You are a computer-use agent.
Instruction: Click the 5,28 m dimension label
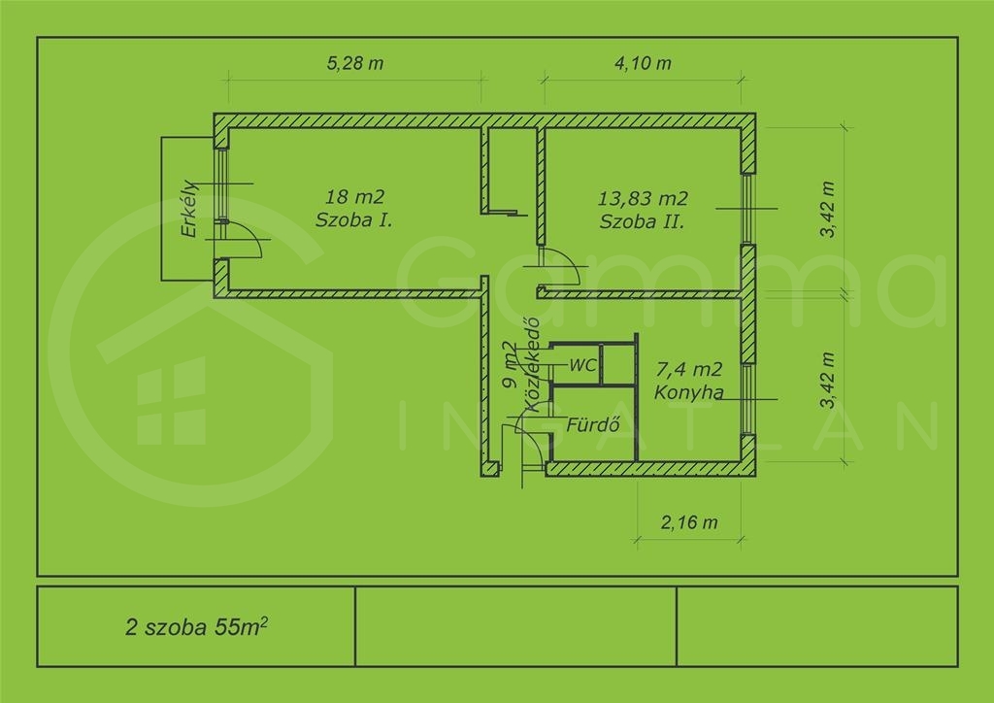point(355,63)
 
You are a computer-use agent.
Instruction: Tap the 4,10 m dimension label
point(643,63)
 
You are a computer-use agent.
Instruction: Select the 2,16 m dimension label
point(689,522)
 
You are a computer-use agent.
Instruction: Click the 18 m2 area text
point(355,196)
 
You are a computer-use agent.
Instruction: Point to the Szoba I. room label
point(353,220)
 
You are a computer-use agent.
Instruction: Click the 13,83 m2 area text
point(643,198)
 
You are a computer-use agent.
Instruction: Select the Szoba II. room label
point(643,221)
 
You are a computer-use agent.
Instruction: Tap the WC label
point(582,365)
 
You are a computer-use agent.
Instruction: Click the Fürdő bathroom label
point(593,424)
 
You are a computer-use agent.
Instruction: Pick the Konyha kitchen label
point(689,392)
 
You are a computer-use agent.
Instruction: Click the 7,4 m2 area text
point(689,369)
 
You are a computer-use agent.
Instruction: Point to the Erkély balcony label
point(189,209)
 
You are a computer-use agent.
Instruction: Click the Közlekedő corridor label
point(531,364)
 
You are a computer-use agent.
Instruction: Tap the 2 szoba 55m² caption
point(196,626)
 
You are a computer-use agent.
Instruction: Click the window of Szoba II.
point(748,209)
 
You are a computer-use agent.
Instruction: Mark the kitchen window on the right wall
point(748,399)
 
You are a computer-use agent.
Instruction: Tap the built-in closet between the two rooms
point(510,170)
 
